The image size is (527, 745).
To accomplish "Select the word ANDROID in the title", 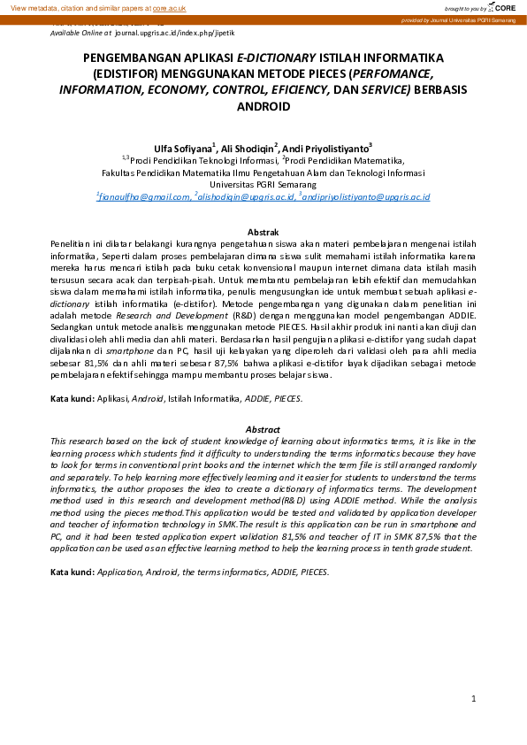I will [263, 106].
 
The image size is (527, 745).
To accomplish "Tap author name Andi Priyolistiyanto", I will [326, 148].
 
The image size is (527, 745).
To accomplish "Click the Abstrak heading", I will [263, 231].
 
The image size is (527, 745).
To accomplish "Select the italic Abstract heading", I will [263, 429].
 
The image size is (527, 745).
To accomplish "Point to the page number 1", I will [474, 698].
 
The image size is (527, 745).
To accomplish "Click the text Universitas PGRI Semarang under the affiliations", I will [263, 185].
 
